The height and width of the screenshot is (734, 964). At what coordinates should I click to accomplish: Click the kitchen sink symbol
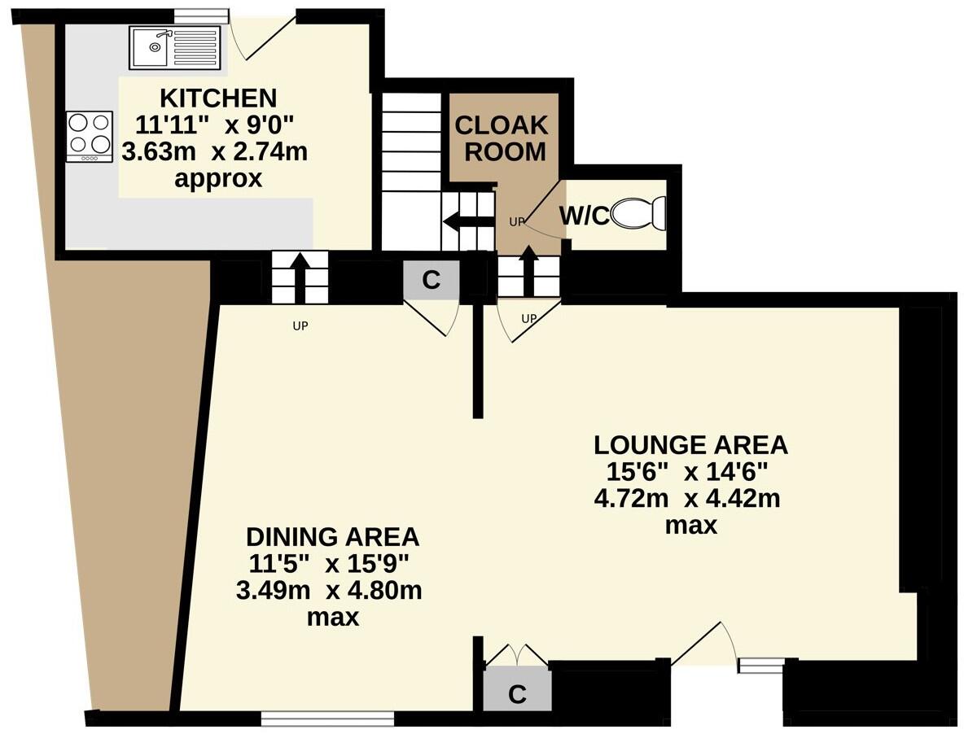click(x=174, y=46)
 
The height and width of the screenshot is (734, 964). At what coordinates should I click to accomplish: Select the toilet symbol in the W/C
click(x=639, y=215)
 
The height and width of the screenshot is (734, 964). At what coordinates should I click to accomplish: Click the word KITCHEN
click(x=217, y=98)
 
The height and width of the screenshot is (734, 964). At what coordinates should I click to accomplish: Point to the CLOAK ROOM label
click(x=500, y=138)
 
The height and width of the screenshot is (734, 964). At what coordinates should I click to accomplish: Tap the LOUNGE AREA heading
click(x=690, y=445)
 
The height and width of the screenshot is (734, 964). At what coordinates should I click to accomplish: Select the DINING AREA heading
click(x=332, y=537)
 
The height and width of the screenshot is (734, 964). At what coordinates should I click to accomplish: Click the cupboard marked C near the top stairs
click(x=432, y=281)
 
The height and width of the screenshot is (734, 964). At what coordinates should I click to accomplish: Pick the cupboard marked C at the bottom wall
click(x=517, y=694)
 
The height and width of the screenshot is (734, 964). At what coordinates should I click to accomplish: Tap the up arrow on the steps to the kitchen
click(x=299, y=275)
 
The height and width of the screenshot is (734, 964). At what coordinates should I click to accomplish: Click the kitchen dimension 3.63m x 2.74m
click(x=214, y=151)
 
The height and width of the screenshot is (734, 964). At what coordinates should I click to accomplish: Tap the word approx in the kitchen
click(x=218, y=178)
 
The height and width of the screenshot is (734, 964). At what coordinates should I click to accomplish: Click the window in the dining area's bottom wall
click(x=327, y=718)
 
